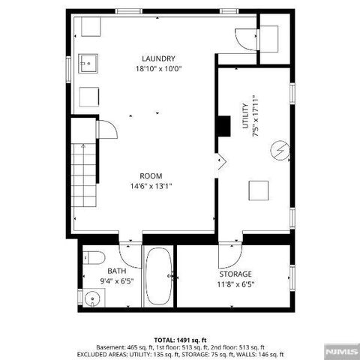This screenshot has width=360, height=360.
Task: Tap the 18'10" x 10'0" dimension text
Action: (x=159, y=68)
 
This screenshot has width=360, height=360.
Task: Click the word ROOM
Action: (x=151, y=176)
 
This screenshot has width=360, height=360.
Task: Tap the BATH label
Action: (x=116, y=271)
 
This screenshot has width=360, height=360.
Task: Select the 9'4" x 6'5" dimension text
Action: (x=116, y=280)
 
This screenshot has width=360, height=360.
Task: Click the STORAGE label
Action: (x=235, y=274)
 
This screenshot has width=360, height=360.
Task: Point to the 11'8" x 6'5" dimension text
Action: (x=235, y=284)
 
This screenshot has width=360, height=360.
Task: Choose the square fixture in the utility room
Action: (x=259, y=190)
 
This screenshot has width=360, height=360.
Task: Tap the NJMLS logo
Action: (x=336, y=349)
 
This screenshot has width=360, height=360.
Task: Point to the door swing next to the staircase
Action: (x=107, y=130)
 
